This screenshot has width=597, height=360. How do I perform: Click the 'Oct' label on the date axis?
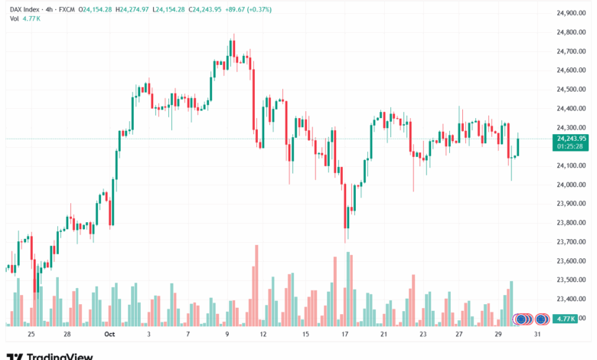tap(109, 335)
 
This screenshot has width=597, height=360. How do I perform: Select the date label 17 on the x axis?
tap(345, 335)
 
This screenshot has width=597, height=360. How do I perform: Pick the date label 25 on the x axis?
tap(31, 335)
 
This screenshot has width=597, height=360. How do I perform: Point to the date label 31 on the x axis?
tap(539, 335)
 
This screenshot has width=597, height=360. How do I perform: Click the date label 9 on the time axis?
tap(227, 335)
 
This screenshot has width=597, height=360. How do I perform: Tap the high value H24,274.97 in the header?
tap(131, 8)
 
